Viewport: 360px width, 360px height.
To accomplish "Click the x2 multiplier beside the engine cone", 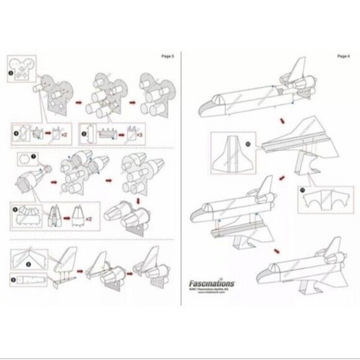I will coord(89,219).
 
